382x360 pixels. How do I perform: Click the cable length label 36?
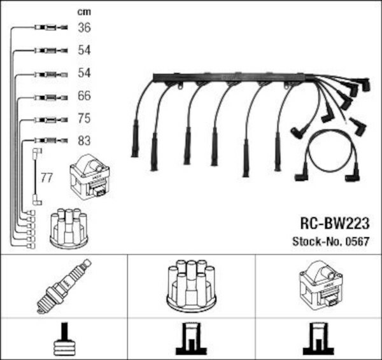coord(84,27)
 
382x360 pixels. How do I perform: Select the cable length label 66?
coord(84,95)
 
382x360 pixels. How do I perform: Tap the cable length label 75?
coord(84,118)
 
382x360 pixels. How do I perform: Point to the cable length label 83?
coord(84,141)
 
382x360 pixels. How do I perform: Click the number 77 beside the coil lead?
coord(46,178)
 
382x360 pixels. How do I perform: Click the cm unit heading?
coord(84,12)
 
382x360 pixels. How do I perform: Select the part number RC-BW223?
coord(335,223)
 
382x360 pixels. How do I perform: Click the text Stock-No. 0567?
coord(331,242)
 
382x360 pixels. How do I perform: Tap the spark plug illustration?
coord(64,286)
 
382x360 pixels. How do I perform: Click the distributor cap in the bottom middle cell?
coord(192,286)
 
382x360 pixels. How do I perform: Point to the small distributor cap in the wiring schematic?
coord(69,228)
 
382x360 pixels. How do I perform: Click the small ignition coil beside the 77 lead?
coord(90,177)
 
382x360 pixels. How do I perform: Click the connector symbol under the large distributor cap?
coord(192,339)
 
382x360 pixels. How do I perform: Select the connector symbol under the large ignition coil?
coord(318,339)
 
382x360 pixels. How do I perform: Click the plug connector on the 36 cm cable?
coord(51,27)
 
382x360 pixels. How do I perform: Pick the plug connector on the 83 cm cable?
coord(51,141)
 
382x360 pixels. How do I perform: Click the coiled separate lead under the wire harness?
coord(327,156)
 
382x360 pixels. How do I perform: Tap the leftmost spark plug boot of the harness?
coord(135,139)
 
